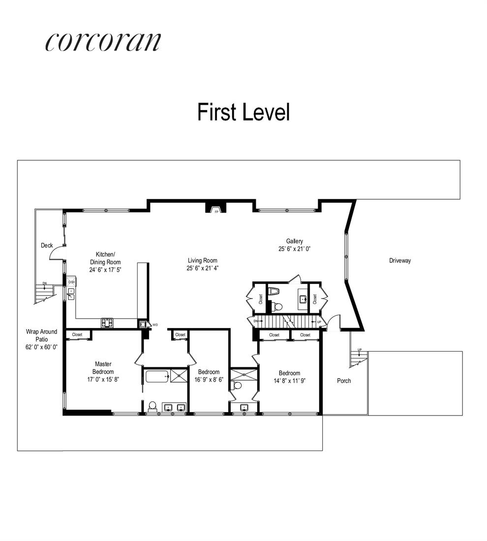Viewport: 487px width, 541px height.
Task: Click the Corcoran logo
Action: point(103,42)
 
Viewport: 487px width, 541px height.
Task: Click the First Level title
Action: point(243,112)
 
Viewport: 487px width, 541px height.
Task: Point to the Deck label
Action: point(47,245)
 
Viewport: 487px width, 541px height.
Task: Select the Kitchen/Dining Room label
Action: point(105,262)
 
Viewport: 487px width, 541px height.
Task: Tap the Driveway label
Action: point(399,261)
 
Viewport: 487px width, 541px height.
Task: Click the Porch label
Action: point(344,381)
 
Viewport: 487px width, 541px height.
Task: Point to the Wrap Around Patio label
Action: point(42,339)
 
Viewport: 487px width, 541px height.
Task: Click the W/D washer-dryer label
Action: point(155,325)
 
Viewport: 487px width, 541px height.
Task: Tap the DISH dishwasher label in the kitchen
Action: point(71,282)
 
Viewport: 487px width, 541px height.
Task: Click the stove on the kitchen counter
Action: point(107,323)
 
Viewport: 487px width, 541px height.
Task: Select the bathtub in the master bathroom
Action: point(157,377)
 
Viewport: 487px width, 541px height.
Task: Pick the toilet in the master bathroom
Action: point(152,406)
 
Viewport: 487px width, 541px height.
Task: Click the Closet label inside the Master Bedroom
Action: point(77,334)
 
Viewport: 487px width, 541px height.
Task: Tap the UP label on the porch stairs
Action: point(360,350)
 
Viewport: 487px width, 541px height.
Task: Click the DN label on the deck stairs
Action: point(45,283)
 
